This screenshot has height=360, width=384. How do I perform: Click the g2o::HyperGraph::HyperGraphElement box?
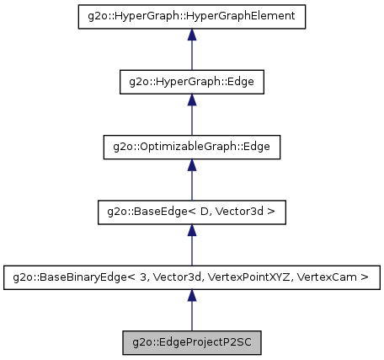[x=192, y=17]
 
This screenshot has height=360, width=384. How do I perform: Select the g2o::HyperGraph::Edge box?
[x=192, y=82]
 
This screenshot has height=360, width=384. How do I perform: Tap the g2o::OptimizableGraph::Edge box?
[x=192, y=147]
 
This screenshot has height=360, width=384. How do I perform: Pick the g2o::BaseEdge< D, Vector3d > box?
[x=192, y=212]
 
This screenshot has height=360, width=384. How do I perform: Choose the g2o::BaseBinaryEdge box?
[x=192, y=277]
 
